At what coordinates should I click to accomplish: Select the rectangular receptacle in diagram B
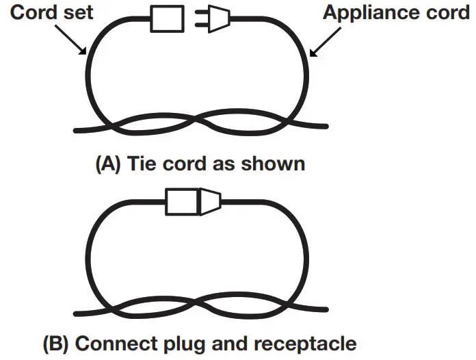click(182, 203)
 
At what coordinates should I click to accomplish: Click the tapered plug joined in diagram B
click(209, 203)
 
